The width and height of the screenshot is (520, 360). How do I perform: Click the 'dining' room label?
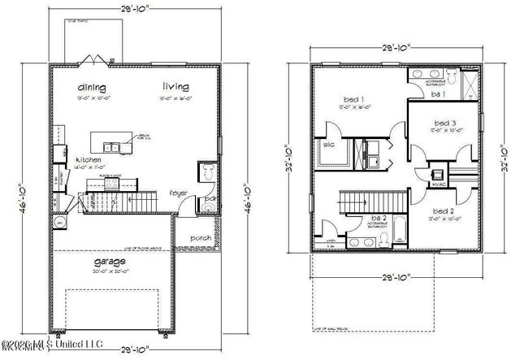pos(93,87)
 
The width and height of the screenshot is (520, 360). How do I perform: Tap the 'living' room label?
pos(175,86)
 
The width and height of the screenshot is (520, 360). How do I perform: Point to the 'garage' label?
pos(109,262)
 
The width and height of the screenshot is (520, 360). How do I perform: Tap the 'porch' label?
pos(201,238)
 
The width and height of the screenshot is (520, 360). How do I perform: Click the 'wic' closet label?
pos(329,145)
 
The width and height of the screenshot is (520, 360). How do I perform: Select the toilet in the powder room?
pos(207,172)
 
